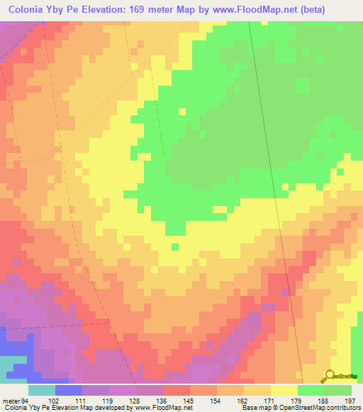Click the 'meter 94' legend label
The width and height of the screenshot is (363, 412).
[x=15, y=400]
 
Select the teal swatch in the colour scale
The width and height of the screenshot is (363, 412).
[x=42, y=390]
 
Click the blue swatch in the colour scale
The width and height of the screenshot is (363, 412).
[x=69, y=390]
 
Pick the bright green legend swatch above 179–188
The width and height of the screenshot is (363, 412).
[x=311, y=390]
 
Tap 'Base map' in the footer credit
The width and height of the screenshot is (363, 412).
[x=253, y=408]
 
